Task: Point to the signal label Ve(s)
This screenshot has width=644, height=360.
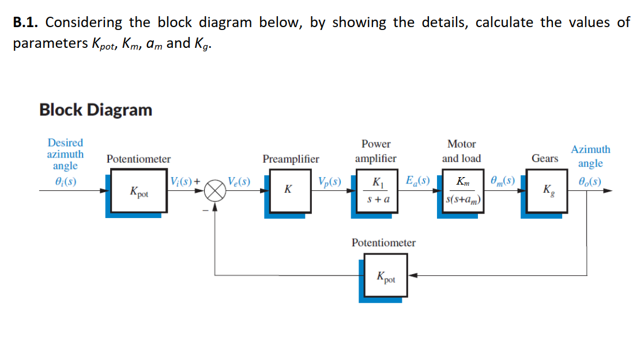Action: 238,181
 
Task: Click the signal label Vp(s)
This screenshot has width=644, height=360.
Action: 329,181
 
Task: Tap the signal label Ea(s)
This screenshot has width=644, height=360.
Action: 417,181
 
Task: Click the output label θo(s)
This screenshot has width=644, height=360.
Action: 590,181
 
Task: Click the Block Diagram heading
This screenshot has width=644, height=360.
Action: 96,110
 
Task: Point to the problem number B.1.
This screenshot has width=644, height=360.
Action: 27,22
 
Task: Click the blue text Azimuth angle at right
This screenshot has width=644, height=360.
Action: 590,156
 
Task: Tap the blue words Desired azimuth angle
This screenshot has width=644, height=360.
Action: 65,154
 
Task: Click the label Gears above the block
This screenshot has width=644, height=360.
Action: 544,158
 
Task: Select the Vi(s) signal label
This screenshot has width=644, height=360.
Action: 183,181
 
